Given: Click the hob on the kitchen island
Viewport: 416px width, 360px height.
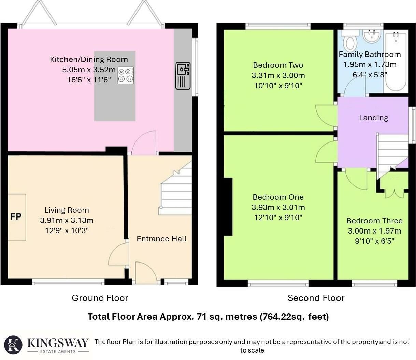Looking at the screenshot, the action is tap(125, 75).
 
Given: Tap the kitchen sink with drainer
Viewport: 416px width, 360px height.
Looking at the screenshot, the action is tap(183, 76).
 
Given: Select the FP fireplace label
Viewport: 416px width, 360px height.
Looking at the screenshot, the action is tap(16, 217).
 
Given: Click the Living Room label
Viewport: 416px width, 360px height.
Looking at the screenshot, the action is tap(67, 210).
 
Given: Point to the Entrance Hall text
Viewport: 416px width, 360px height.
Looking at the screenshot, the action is tap(162, 239).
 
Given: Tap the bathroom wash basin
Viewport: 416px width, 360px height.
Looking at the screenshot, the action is tap(372, 36).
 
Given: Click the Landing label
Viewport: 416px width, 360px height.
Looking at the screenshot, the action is tap(374, 118).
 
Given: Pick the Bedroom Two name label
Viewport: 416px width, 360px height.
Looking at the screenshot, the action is tap(278, 65).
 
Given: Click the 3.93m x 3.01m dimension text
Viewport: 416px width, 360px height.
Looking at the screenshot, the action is tap(278, 207).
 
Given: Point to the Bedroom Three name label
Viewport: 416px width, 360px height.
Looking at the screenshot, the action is tap(374, 221).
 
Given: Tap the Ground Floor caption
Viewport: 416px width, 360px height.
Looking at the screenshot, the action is tap(100, 298).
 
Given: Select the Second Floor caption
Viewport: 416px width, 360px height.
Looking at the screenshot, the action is tap(316, 298).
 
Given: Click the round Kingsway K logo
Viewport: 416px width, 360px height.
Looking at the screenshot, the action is tap(13, 345).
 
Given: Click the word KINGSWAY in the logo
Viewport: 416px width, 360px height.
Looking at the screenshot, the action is tap(58, 343).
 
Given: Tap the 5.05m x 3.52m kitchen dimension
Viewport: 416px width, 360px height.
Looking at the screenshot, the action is tap(89, 70).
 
